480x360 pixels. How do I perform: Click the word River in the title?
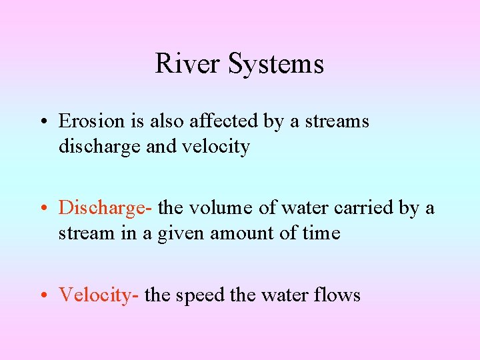(x=187, y=64)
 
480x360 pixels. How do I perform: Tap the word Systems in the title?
(x=275, y=64)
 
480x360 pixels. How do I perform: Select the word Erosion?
(x=91, y=121)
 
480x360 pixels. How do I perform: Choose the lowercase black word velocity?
(x=217, y=147)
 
